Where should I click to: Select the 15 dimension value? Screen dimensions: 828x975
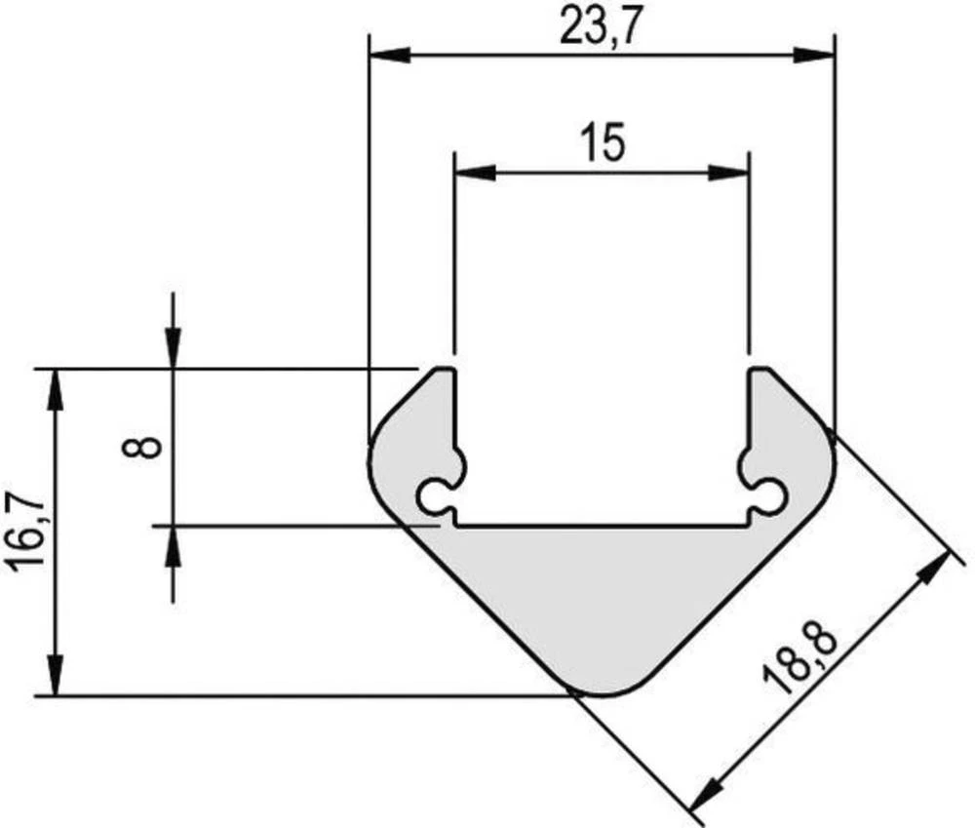601,143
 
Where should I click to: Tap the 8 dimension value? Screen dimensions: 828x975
147,448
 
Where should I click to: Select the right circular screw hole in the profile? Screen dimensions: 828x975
771,495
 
